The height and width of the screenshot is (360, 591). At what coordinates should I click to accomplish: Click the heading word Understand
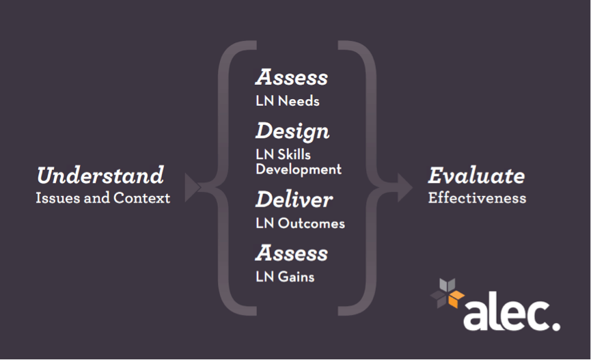coord(100,176)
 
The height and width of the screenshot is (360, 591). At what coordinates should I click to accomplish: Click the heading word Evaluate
coord(476,176)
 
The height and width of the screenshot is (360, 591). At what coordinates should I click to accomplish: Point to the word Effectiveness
coord(477,198)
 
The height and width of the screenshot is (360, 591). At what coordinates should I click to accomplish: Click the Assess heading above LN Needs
coord(292,77)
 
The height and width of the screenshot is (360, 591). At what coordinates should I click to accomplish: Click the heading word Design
coord(292,130)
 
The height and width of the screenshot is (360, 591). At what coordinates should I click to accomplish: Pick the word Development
coord(299,169)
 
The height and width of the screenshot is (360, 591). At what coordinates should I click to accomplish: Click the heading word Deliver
coord(294,199)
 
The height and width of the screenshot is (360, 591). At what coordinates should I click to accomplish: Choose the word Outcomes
coord(312,223)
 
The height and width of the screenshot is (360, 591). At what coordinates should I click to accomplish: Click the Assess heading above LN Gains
coord(292,253)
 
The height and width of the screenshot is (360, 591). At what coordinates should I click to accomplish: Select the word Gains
coord(297,277)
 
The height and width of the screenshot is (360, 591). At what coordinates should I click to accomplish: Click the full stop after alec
coord(555,326)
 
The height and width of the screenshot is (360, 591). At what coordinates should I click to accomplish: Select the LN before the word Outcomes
coord(264,223)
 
